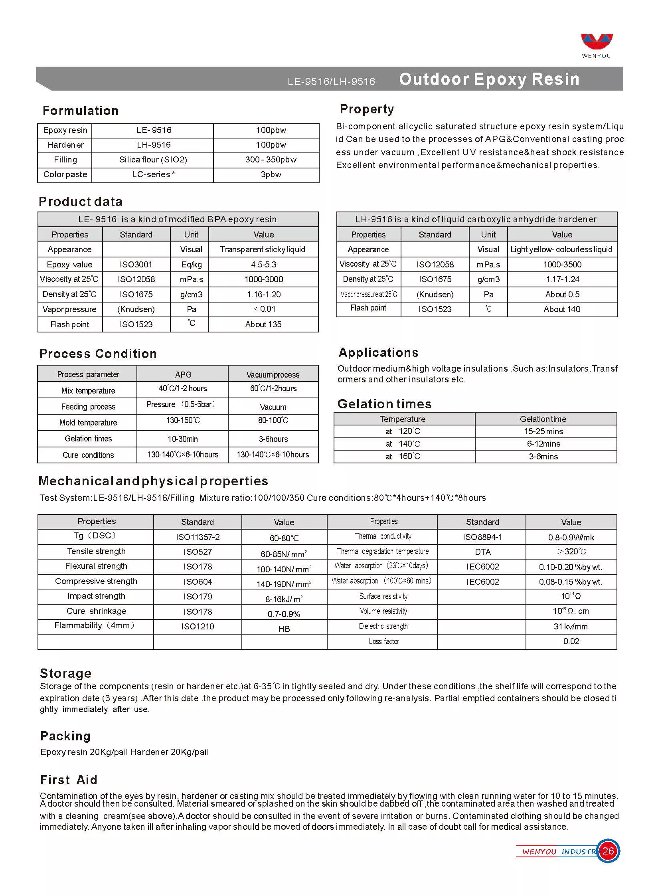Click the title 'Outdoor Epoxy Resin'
click(489, 79)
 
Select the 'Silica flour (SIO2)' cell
click(153, 160)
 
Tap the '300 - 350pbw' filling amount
click(271, 160)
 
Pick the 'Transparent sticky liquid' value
click(263, 250)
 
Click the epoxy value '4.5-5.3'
click(263, 265)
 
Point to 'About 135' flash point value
click(263, 324)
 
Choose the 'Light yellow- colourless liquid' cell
click(561, 250)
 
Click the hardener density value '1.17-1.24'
click(562, 279)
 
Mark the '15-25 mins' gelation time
click(543, 431)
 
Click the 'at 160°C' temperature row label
click(403, 457)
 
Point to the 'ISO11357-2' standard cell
click(198, 537)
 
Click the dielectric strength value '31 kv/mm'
click(571, 627)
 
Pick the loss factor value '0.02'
click(571, 641)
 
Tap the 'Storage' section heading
click(66, 673)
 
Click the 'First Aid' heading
click(69, 780)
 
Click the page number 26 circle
click(608, 851)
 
